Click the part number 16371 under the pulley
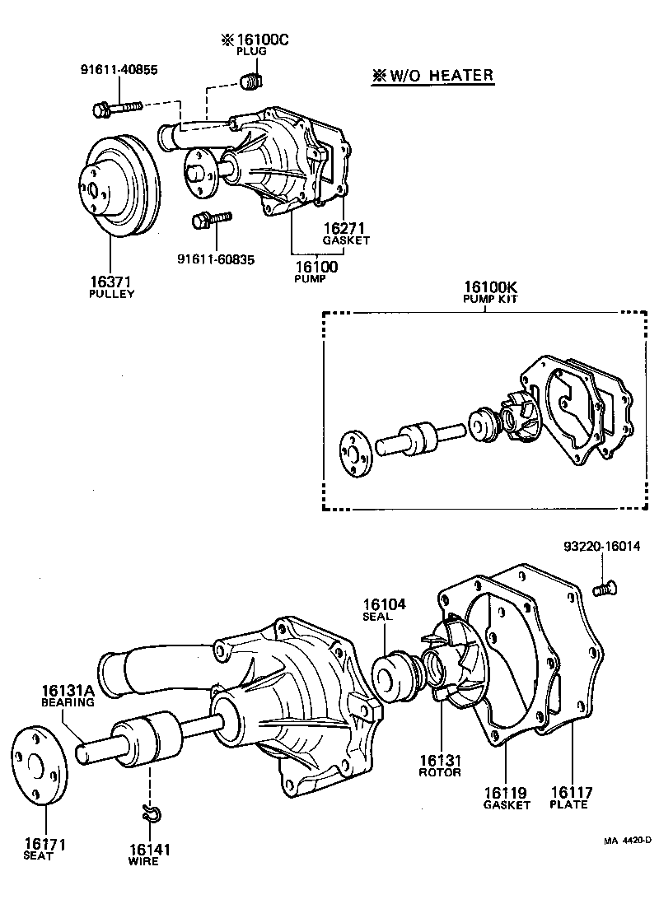coord(112,281)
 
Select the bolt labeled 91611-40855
coord(116,107)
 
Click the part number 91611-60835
coord(216,259)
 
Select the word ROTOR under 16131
coord(439,772)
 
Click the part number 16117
coord(572,792)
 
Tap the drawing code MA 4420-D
coord(626,841)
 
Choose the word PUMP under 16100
coord(311,279)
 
